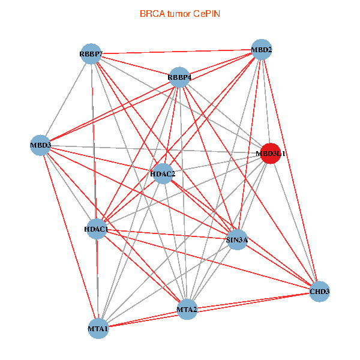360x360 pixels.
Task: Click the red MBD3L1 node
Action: pos(271,154)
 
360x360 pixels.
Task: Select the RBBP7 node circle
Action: pos(91,54)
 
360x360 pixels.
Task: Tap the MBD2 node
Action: pos(262,50)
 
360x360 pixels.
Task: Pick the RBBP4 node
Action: pos(179,77)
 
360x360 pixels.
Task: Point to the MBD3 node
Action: pos(40,145)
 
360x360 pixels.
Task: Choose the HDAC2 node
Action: pos(163,173)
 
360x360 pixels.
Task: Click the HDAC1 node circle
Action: pos(97,229)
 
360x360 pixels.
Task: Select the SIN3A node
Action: pos(237,239)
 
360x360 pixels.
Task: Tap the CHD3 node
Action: pos(319,292)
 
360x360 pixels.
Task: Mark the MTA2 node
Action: pos(187,309)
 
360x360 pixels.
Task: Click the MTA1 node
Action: pos(98,329)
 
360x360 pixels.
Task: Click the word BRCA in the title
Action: pos(152,14)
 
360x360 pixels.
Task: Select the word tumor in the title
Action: pos(179,14)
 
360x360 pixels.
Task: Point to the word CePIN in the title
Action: pos(206,14)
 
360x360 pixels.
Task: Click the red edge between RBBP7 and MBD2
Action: pos(176,52)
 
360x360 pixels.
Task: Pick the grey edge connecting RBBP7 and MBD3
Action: pos(65,100)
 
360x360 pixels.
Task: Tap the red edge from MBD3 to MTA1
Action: pos(70,237)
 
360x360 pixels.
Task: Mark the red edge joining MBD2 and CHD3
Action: pos(290,170)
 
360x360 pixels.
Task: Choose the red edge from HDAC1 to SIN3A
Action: pos(167,234)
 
